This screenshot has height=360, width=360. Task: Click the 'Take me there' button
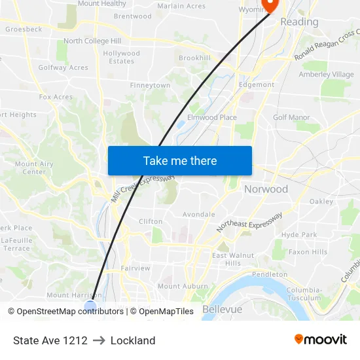pyautogui.click(x=180, y=160)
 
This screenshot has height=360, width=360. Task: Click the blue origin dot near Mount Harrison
pyautogui.click(x=90, y=306)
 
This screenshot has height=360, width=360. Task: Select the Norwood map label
pyautogui.click(x=266, y=189)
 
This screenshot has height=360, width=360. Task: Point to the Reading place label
pyautogui.click(x=299, y=22)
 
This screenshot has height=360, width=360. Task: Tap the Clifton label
pyautogui.click(x=151, y=221)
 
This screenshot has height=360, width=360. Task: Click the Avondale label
pyautogui.click(x=198, y=214)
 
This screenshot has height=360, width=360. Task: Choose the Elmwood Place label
pyautogui.click(x=212, y=117)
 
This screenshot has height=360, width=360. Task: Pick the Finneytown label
pyautogui.click(x=150, y=86)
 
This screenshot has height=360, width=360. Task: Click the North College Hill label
pyautogui.click(x=92, y=41)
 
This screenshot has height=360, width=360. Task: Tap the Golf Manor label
pyautogui.click(x=291, y=117)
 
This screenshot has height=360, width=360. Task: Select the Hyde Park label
pyautogui.click(x=298, y=234)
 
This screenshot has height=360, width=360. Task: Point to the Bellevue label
pyautogui.click(x=223, y=309)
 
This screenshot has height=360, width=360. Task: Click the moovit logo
pyautogui.click(x=321, y=340)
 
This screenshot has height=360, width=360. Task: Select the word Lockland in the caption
pyautogui.click(x=133, y=340)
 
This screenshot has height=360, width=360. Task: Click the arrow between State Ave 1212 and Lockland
pyautogui.click(x=99, y=340)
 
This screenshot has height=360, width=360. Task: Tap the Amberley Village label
pyautogui.click(x=326, y=74)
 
